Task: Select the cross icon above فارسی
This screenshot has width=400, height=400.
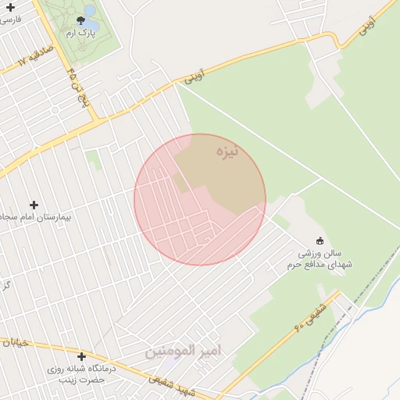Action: (x=10, y=6)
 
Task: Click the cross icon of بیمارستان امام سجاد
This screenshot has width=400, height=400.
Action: (x=34, y=205)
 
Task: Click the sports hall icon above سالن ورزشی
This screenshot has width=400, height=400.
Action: (x=319, y=240)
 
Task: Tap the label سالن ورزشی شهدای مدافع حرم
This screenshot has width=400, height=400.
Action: (x=324, y=259)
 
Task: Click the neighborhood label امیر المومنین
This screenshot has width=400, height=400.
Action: (x=183, y=351)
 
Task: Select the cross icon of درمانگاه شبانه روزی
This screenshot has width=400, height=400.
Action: (x=81, y=356)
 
